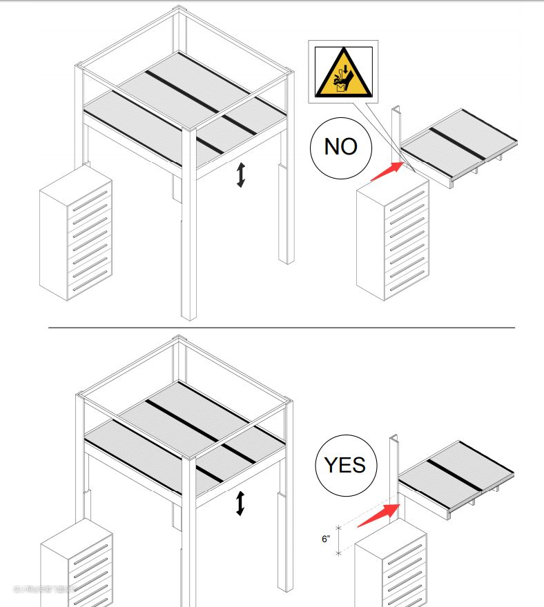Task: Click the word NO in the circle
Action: pyautogui.click(x=340, y=147)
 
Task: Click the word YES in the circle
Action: pyautogui.click(x=345, y=465)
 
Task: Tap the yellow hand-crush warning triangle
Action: pyautogui.click(x=343, y=72)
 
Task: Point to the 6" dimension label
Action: pyautogui.click(x=326, y=539)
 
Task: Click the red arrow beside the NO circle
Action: pyautogui.click(x=387, y=172)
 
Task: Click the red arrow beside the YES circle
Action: pyautogui.click(x=379, y=515)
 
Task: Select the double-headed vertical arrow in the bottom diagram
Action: pyautogui.click(x=240, y=503)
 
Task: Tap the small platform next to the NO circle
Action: pyautogui.click(x=459, y=147)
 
